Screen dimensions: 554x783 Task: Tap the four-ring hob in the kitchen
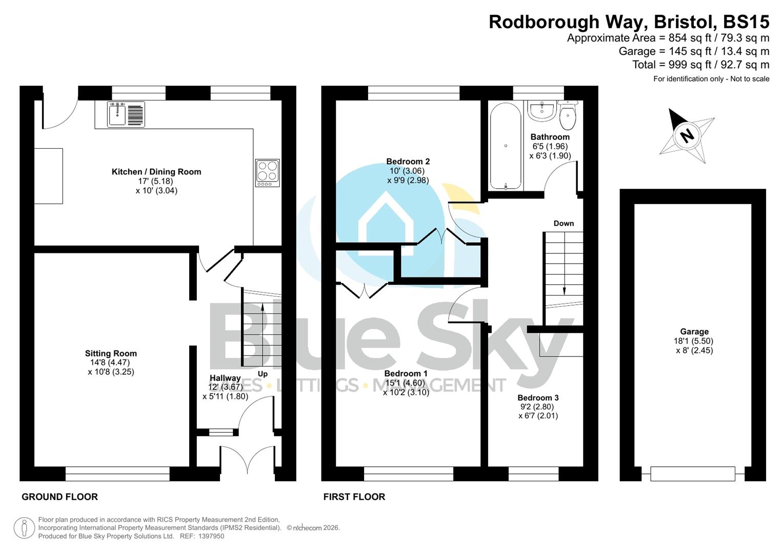coord(267,172)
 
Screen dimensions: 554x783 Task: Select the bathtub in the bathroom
coord(506,146)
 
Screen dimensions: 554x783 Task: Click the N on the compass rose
coord(687,135)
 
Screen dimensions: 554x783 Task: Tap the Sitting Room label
coord(111,353)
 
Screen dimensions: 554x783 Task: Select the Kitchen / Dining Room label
coord(156,172)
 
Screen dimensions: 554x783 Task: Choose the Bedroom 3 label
coord(538,398)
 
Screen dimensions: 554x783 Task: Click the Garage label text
coord(694,332)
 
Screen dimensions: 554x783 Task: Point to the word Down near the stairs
coord(564,223)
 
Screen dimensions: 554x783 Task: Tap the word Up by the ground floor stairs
coord(263,374)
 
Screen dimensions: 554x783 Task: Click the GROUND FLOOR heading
coord(59,497)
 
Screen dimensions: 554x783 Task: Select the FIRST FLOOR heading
coord(354,497)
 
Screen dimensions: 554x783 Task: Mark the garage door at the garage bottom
coord(692,473)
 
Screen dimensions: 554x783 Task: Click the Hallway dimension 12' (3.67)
coord(225,387)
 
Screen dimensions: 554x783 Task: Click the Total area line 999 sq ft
coord(700,65)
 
